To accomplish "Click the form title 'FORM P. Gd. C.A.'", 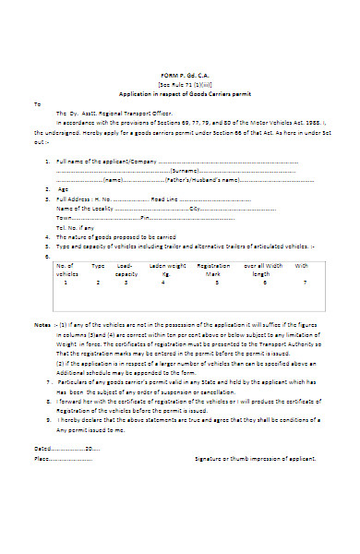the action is (x=181, y=75).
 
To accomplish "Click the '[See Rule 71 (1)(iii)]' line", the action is (x=181, y=84).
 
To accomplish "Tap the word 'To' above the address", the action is (x=37, y=103).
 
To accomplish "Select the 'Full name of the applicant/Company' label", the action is (x=101, y=162).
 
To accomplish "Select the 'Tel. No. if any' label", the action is (x=75, y=227).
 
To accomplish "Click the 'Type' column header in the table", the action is (x=98, y=266).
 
